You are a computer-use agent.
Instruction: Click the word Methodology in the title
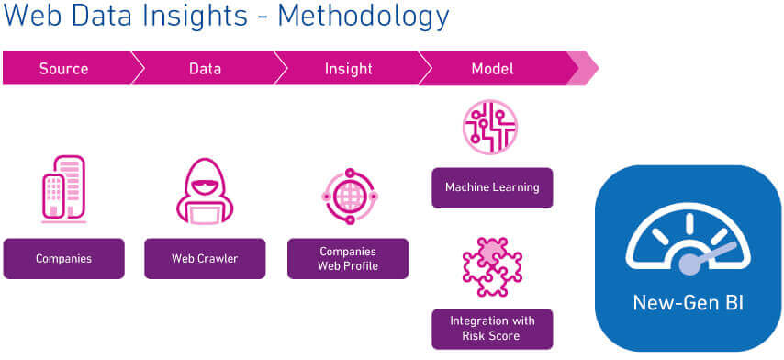364,16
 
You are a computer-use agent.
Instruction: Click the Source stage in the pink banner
63,69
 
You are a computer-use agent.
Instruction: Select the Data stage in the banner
205,69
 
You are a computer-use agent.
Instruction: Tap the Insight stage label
349,69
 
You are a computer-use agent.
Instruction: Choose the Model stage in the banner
492,69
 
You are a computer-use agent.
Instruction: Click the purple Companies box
63,258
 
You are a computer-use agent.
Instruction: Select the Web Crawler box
205,258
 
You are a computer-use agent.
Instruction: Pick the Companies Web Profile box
348,258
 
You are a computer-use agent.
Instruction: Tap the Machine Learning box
492,187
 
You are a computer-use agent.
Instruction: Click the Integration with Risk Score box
492,329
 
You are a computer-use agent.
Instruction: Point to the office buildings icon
63,188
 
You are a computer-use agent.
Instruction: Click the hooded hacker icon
205,190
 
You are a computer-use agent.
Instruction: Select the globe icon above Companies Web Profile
350,196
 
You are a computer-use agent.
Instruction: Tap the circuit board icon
490,127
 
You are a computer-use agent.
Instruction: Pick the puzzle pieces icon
492,267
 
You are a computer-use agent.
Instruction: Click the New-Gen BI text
688,303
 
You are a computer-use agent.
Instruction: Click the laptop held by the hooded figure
205,213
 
